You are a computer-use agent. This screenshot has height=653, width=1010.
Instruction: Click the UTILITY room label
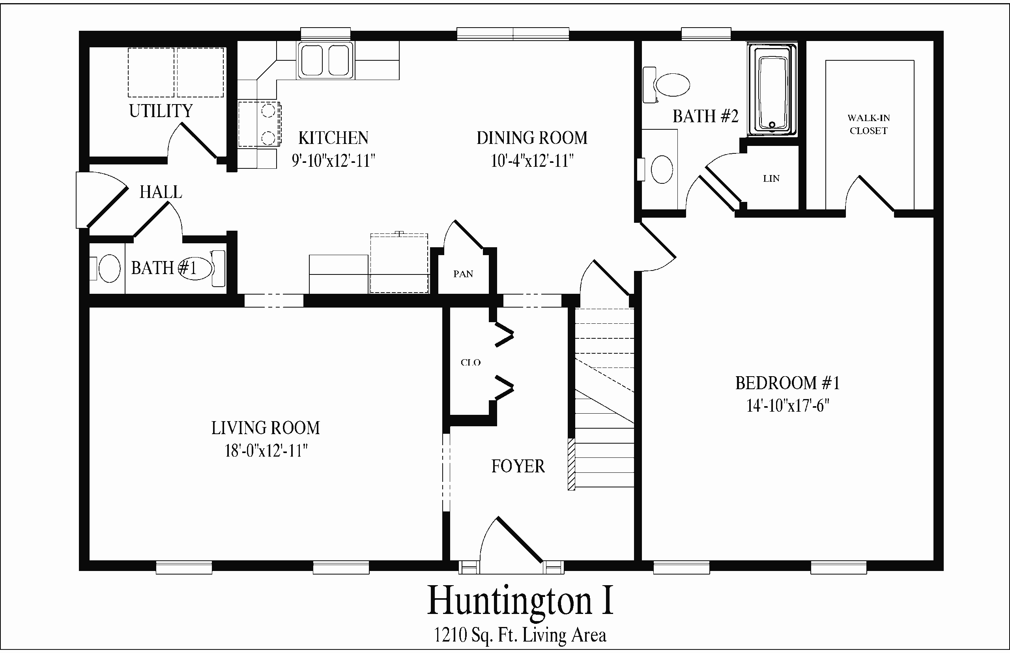click(161, 111)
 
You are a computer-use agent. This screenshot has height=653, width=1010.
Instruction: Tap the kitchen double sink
click(325, 60)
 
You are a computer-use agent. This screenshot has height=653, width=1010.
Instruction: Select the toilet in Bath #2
click(666, 85)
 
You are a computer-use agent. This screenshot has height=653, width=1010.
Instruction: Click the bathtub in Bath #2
click(772, 90)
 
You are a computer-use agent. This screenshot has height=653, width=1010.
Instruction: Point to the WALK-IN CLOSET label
click(868, 124)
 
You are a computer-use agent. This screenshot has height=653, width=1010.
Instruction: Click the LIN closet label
click(771, 179)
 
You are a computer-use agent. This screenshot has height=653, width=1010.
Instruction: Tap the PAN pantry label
click(463, 274)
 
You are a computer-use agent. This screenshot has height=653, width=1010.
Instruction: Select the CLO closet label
click(470, 362)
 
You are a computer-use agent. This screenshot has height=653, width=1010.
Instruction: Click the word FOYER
click(518, 466)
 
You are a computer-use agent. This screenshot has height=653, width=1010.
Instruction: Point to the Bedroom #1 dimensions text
click(787, 406)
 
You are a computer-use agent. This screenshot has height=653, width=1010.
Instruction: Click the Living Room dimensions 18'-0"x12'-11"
click(266, 450)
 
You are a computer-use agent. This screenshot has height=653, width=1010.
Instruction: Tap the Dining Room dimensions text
click(532, 161)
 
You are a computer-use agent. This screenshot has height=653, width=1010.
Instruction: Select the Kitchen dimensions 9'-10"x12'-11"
click(333, 161)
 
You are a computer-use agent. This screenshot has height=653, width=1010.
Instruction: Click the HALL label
click(161, 192)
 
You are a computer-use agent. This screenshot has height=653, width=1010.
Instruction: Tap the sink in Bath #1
click(108, 269)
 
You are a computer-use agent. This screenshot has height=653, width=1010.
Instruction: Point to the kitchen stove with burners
click(259, 124)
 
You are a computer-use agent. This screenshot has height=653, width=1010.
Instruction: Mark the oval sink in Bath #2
click(661, 169)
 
